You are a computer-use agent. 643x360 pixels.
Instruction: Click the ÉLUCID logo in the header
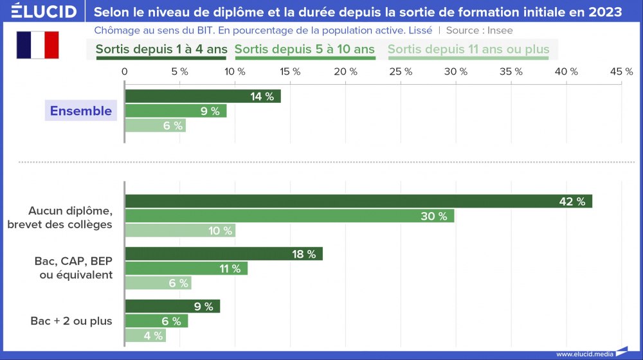point(40,12)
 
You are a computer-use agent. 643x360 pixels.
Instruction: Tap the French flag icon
point(37,45)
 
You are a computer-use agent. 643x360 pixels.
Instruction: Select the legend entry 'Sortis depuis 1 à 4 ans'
point(161,50)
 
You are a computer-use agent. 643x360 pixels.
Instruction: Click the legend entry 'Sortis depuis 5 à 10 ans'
point(305,50)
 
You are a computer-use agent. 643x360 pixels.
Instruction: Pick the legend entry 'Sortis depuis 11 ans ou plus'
point(468,50)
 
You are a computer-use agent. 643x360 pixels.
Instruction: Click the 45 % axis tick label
point(620,72)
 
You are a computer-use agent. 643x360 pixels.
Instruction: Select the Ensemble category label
point(81,111)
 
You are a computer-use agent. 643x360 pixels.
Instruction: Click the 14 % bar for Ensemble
point(203,96)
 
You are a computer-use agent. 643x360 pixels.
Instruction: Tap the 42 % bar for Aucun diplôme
point(358,201)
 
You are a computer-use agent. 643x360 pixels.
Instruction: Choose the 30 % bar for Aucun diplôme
point(289,216)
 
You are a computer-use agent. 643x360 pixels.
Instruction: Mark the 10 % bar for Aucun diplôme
point(180,231)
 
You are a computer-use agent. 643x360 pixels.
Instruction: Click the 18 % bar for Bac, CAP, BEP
point(223,254)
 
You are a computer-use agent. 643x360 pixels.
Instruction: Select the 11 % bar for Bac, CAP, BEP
point(186,269)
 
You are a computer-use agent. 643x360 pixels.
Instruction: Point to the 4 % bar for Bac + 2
point(145,336)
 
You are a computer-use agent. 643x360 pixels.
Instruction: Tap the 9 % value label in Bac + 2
point(203,307)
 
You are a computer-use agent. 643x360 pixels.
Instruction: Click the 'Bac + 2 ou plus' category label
point(71,321)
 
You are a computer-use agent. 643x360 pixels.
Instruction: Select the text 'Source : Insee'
point(480,30)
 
